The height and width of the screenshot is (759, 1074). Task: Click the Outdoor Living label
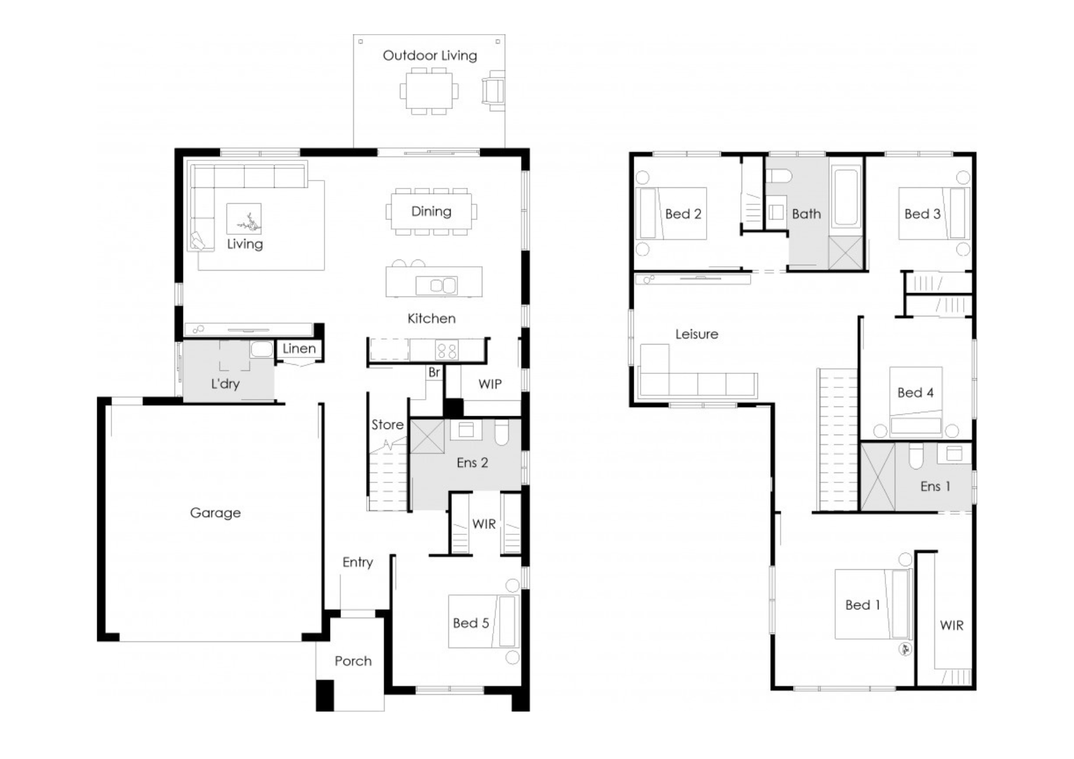pyautogui.click(x=430, y=56)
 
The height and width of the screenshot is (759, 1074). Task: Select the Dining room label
pyautogui.click(x=431, y=212)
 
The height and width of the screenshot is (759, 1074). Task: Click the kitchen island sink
pyautogui.click(x=436, y=285)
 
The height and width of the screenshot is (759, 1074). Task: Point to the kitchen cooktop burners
pyautogui.click(x=446, y=351)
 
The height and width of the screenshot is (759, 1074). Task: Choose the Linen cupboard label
pyautogui.click(x=299, y=349)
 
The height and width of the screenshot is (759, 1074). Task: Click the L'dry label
pyautogui.click(x=225, y=384)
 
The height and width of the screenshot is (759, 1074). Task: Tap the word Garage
pyautogui.click(x=215, y=513)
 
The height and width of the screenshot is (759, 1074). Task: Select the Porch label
pyautogui.click(x=353, y=661)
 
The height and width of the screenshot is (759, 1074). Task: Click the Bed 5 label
pyautogui.click(x=471, y=623)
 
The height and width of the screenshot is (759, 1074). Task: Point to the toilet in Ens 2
pyautogui.click(x=501, y=432)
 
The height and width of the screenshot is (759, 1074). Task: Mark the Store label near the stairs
pyautogui.click(x=387, y=425)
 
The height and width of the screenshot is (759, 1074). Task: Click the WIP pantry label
pyautogui.click(x=490, y=384)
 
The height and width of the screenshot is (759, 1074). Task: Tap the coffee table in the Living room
pyautogui.click(x=244, y=219)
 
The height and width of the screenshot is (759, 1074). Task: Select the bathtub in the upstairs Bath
pyautogui.click(x=846, y=197)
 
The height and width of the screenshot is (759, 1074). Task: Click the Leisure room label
pyautogui.click(x=697, y=334)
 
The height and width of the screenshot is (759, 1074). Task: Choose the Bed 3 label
pyautogui.click(x=922, y=214)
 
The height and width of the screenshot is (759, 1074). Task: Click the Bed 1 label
pyautogui.click(x=862, y=605)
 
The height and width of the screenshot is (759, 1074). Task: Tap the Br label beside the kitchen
pyautogui.click(x=434, y=372)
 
